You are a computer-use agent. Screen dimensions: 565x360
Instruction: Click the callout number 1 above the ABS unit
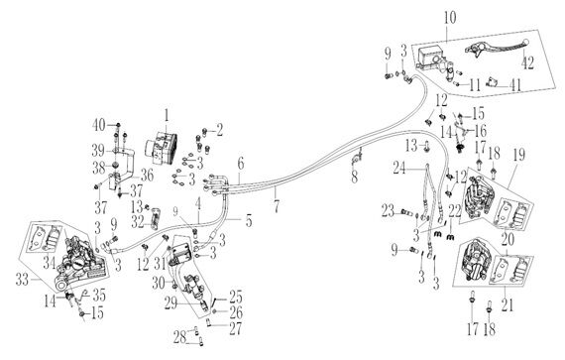click(167, 116)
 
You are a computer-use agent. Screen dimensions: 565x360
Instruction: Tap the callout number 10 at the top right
click(450, 18)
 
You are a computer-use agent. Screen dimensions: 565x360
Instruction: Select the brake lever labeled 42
click(496, 49)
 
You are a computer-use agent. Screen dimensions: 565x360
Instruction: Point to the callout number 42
click(528, 63)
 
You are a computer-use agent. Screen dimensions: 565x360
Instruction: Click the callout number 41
click(516, 85)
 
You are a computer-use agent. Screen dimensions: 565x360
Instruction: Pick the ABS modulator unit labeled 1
click(161, 148)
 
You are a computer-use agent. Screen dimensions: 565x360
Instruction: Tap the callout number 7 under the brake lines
click(276, 205)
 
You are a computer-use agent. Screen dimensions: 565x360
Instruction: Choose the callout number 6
click(240, 164)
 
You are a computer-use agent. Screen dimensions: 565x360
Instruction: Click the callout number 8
click(355, 177)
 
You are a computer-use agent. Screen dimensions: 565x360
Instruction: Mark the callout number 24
click(400, 168)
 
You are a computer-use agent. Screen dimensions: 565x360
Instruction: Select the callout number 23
click(389, 211)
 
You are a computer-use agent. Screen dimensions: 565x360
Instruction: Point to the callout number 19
click(518, 155)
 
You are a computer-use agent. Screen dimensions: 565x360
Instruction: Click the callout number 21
click(507, 304)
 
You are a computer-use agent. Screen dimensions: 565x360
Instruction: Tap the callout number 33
click(23, 280)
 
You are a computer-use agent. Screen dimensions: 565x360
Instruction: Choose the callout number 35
click(99, 295)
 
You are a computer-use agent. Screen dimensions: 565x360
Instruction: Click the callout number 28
click(179, 337)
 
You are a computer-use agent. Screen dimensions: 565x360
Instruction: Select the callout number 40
click(99, 125)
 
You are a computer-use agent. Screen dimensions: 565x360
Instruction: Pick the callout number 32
click(138, 222)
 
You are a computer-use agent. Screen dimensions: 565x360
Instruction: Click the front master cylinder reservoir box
click(429, 58)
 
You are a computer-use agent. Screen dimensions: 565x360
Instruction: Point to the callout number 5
click(249, 221)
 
